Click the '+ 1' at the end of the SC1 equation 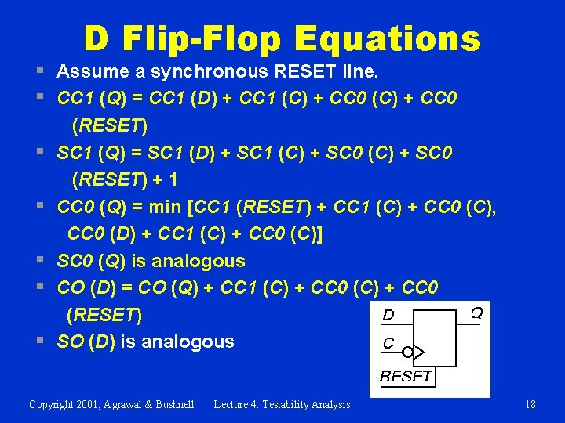[164, 180]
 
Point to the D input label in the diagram [388, 316]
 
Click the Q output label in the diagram [476, 313]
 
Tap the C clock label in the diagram [388, 343]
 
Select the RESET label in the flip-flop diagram [406, 376]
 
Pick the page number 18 [530, 404]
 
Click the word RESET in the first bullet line [308, 73]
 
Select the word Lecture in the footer [233, 404]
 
